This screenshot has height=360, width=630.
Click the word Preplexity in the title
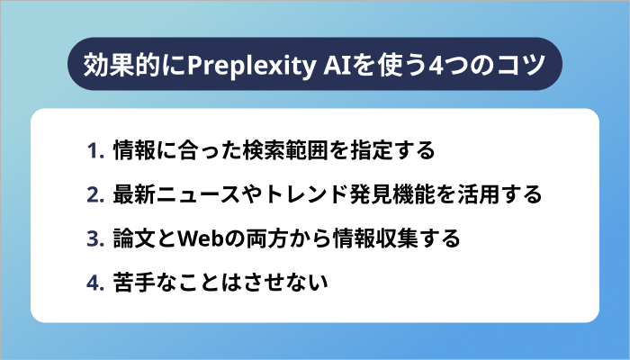click(x=240, y=66)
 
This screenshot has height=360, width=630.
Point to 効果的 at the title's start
click(x=112, y=66)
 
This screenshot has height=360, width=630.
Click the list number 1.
click(x=95, y=149)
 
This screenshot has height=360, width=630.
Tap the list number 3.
click(x=95, y=239)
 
